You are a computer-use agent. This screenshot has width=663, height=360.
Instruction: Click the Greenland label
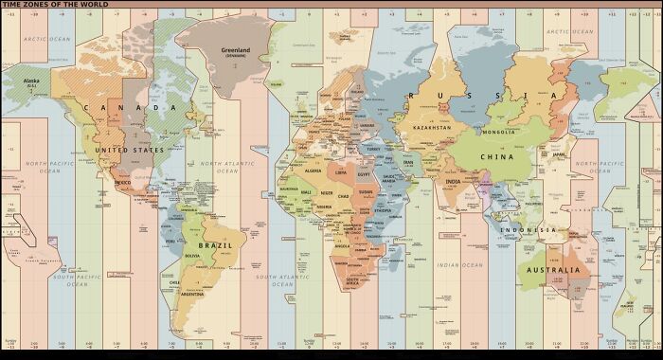click(x=234, y=49)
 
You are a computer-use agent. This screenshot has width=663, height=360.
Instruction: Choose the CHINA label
click(x=517, y=156)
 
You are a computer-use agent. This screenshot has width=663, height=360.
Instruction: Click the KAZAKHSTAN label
click(x=438, y=126)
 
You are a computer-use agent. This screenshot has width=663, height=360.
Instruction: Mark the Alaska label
click(x=32, y=81)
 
